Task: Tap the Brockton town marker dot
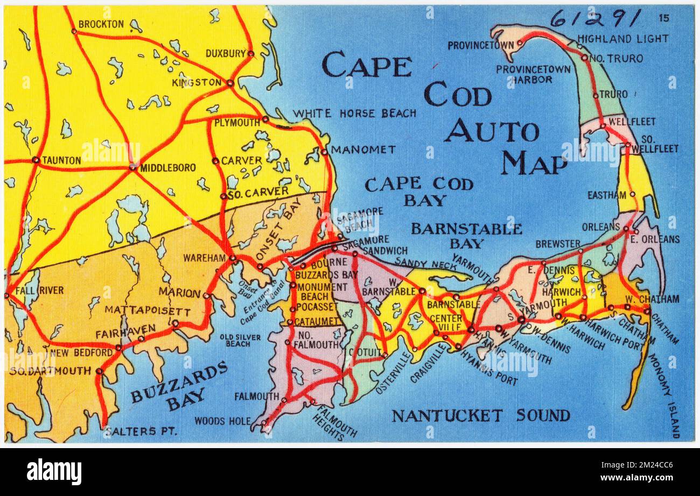[74, 31]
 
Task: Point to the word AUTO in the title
[491, 131]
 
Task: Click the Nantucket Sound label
[480, 415]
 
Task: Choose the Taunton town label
[61, 160]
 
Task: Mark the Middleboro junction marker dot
[132, 168]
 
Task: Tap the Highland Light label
[623, 39]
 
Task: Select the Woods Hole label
[222, 421]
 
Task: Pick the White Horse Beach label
[354, 114]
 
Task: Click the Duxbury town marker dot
[250, 53]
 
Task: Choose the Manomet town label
[363, 150]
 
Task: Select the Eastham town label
[607, 195]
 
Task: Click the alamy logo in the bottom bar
[54, 472]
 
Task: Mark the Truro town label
[614, 94]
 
